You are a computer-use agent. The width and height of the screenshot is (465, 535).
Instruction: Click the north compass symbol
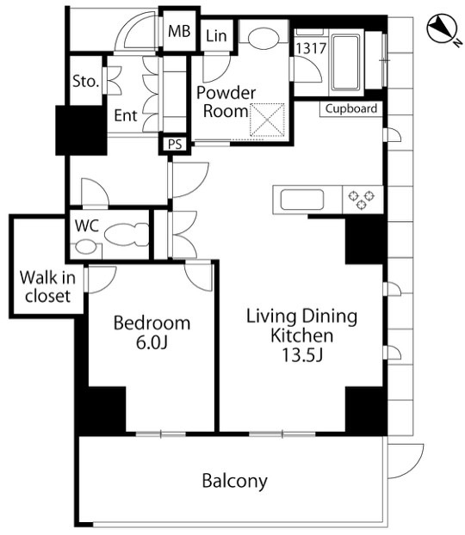coord(442,28)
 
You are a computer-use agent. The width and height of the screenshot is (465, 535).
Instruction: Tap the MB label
coord(179,31)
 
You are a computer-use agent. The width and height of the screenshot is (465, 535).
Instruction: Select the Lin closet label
coord(216,35)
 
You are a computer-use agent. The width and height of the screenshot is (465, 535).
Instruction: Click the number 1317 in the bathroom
coord(311,48)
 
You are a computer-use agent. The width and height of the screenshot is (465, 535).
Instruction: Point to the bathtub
coord(345,62)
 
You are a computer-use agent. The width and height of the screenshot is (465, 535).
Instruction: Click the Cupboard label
coord(350,108)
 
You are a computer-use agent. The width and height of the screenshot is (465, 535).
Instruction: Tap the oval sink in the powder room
coord(263,39)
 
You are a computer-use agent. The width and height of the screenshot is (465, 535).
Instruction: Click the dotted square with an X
coord(268,120)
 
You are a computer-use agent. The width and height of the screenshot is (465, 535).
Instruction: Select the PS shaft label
coord(175,145)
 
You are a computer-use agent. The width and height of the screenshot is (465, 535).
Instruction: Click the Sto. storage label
coord(85,82)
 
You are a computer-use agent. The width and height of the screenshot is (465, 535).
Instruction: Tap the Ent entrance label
coord(126,115)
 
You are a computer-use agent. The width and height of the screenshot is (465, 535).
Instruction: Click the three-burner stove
coord(362,200)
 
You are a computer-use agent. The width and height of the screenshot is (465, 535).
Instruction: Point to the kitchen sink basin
coord(301,200)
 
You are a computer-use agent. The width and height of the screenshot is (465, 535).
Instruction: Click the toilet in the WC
coord(127,235)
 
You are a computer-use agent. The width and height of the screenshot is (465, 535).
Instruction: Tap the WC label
coord(87,225)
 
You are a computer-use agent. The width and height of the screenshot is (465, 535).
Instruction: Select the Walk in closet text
coord(47,286)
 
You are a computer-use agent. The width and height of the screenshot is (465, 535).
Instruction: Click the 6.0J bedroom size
coord(152,342)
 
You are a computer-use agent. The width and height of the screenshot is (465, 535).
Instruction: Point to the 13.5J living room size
coord(302,355)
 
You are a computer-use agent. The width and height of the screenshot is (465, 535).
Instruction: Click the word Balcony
coord(235,481)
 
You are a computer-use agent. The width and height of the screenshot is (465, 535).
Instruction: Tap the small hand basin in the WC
coord(86,248)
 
